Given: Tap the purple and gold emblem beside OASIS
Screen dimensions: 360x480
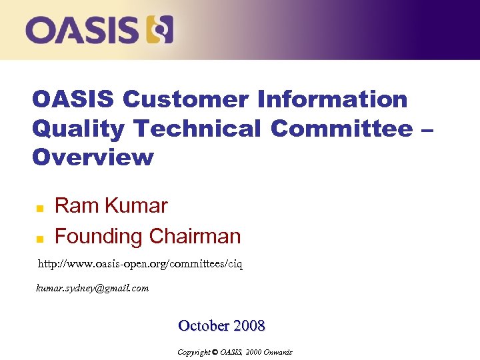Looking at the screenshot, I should point(160,30).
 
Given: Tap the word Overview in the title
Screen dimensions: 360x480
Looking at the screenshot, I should point(93,157).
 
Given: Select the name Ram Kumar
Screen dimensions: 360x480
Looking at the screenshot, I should point(111,206).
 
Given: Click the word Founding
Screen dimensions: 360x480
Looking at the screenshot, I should point(99,236).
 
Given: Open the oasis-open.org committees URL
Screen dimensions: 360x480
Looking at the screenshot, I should point(140,265).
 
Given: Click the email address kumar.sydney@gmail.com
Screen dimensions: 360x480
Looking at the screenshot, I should point(92,289).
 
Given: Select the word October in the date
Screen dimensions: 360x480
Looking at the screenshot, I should point(203,326).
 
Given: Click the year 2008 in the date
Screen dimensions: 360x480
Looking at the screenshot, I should point(249,326).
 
